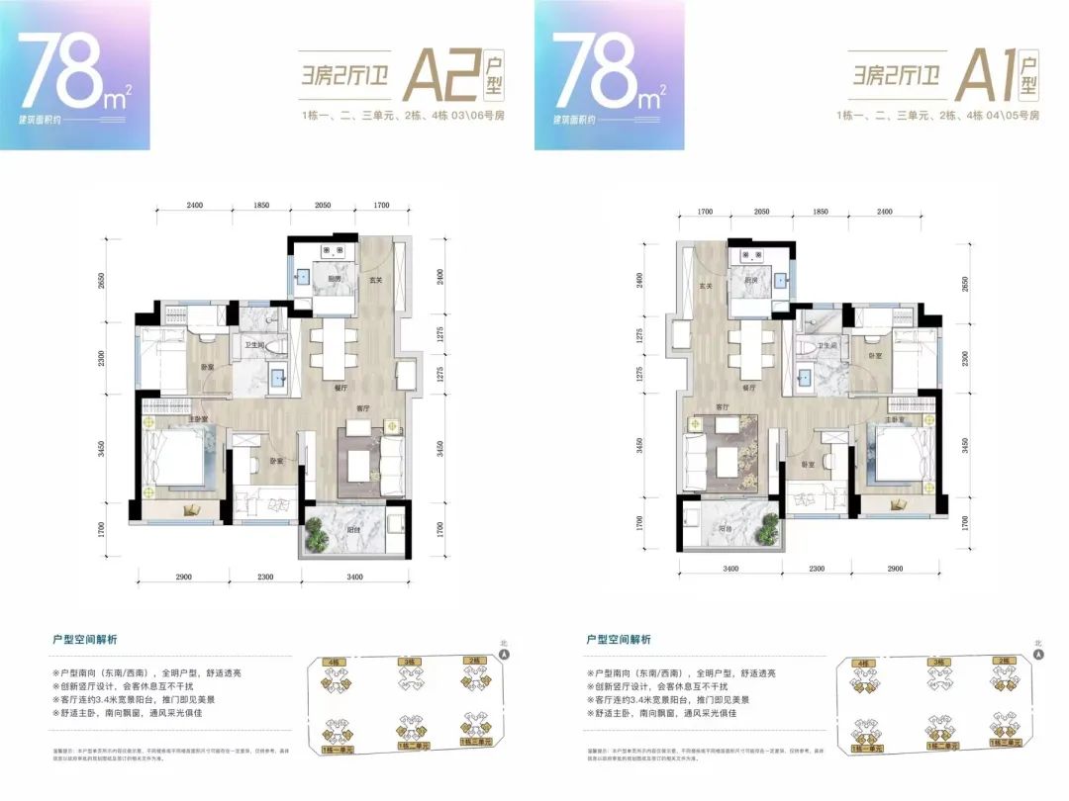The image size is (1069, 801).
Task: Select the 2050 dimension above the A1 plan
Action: [761, 212]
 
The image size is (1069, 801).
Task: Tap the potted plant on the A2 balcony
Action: [317, 535]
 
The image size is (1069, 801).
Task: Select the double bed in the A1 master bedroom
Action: [897, 458]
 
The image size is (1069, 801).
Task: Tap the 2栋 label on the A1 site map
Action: [1005, 660]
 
